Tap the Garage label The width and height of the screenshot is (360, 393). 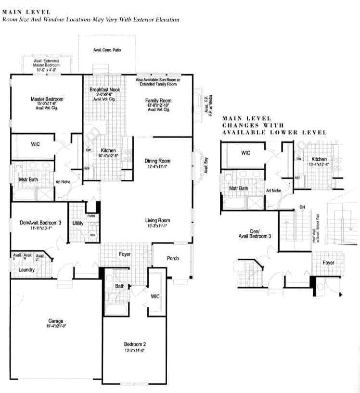pos(55,321)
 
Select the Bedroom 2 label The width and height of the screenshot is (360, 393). pos(135,344)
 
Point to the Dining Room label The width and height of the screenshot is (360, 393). pos(157,161)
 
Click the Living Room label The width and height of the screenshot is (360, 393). pos(157,221)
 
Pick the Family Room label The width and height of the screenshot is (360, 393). pos(159,101)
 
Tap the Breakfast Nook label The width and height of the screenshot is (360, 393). pos(104,90)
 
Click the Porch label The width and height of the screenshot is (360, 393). pos(173,258)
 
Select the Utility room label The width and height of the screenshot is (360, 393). pos(77,223)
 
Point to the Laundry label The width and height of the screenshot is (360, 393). pos(26,270)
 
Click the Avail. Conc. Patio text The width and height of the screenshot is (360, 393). pos(107,50)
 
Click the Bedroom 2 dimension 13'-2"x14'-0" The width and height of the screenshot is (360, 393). pos(134,350)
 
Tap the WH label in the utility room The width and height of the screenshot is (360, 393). pos(91,235)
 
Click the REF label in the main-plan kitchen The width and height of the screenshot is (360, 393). pos(87,169)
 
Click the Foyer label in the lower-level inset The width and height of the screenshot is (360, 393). pos(328,263)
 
